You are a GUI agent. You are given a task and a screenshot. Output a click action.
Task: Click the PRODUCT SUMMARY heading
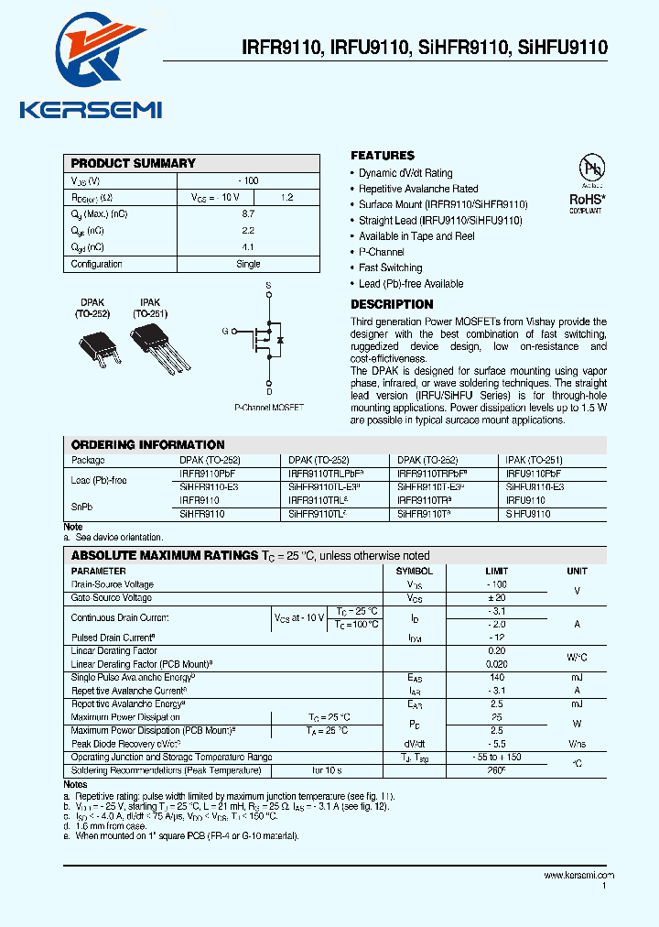(x=134, y=163)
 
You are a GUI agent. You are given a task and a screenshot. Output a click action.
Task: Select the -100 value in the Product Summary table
(x=248, y=180)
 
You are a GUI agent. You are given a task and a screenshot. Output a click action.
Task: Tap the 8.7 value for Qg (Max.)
(x=248, y=213)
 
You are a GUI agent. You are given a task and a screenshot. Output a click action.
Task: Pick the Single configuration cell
(x=248, y=264)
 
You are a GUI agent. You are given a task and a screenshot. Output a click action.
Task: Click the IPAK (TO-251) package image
(x=152, y=349)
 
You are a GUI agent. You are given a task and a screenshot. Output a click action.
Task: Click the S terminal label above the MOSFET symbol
(x=268, y=286)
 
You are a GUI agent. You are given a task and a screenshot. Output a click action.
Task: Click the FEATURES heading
(x=383, y=156)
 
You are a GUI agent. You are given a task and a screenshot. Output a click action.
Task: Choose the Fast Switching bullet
(x=391, y=267)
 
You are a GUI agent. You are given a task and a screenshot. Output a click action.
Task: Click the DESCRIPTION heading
(x=392, y=304)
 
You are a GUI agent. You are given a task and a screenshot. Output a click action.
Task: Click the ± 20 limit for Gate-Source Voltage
(x=497, y=597)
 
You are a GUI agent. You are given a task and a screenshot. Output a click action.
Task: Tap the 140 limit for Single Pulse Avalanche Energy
(x=497, y=677)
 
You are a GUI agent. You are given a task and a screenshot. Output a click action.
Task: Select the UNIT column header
(x=577, y=571)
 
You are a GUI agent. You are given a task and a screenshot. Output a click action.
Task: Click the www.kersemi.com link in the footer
(x=579, y=876)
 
